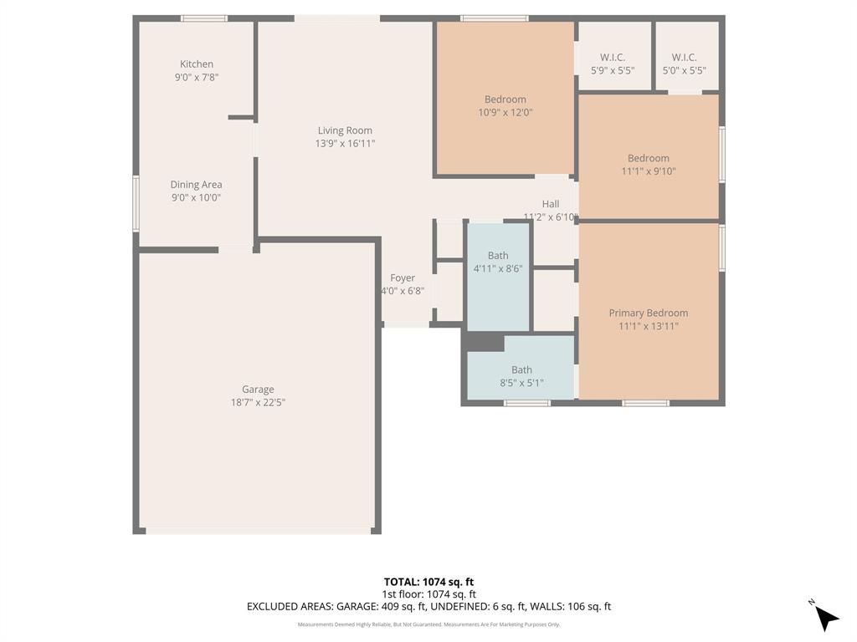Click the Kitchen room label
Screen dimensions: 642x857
197,64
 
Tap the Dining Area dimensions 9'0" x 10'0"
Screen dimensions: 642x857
196,198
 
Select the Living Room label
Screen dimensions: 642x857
345,130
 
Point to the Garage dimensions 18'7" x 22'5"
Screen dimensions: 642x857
258,403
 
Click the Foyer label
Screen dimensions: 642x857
403,278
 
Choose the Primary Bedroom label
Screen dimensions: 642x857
648,313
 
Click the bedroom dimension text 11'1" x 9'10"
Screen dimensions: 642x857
648,171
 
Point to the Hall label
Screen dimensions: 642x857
551,204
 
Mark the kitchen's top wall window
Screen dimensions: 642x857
204,18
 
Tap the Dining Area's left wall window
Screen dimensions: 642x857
136,203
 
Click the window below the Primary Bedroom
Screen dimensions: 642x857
645,403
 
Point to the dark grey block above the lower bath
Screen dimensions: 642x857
485,342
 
